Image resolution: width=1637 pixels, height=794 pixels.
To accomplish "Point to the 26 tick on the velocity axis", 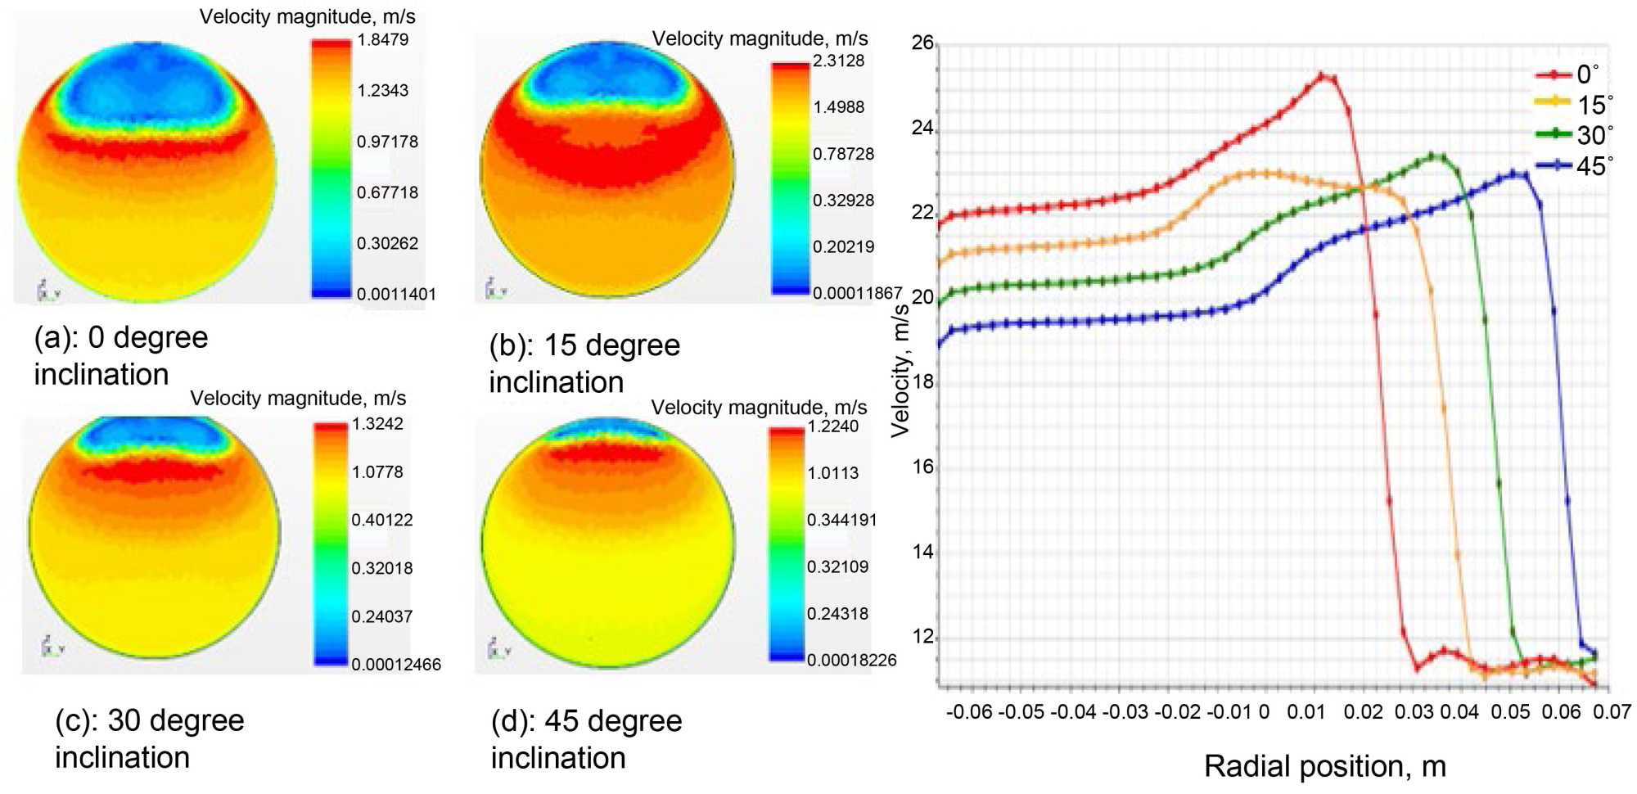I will pyautogui.click(x=922, y=43).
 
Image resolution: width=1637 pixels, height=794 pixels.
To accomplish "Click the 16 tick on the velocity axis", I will pyautogui.click(x=922, y=467).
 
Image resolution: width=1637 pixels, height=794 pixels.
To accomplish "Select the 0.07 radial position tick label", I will pyautogui.click(x=1612, y=711).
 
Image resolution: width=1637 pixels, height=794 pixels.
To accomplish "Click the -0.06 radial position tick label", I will pyautogui.click(x=969, y=711).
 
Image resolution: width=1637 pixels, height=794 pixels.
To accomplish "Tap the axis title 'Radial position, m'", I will pyautogui.click(x=1324, y=766).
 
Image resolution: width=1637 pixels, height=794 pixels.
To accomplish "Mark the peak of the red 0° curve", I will pyautogui.click(x=1321, y=75).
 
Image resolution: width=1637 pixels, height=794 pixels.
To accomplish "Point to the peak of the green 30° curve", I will pyautogui.click(x=1432, y=155).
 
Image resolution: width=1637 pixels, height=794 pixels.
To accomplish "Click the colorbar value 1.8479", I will pyautogui.click(x=382, y=39).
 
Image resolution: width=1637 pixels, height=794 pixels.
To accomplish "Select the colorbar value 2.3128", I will pyautogui.click(x=838, y=61).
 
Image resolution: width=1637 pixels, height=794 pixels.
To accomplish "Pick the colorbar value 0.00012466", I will pyautogui.click(x=396, y=665).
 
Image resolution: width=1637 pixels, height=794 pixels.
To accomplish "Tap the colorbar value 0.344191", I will pyautogui.click(x=841, y=520).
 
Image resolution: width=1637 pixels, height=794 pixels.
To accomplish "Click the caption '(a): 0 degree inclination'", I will pyautogui.click(x=121, y=355).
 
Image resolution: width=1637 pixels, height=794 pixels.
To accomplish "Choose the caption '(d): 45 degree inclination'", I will pyautogui.click(x=586, y=739).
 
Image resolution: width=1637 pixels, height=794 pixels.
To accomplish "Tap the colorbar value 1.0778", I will pyautogui.click(x=377, y=472).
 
